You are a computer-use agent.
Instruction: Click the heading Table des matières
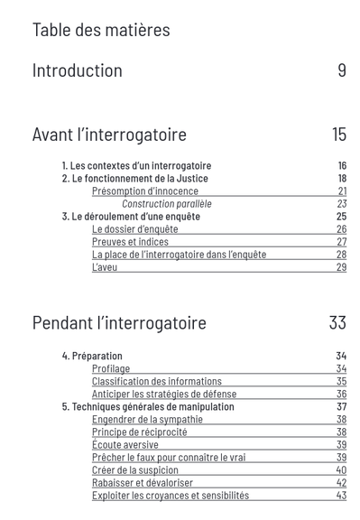tap(101, 30)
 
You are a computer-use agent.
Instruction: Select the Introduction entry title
tap(78, 70)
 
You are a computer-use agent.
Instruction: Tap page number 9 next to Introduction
tap(342, 70)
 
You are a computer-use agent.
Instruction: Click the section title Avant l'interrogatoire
tap(109, 135)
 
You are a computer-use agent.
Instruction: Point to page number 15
tap(339, 135)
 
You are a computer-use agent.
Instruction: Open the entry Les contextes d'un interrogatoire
tap(136, 166)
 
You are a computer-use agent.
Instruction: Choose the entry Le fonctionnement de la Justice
tap(134, 179)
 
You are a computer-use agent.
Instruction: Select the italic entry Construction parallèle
tap(167, 204)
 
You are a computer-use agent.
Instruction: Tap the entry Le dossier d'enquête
tap(134, 229)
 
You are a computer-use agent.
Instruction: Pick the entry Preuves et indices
tap(130, 242)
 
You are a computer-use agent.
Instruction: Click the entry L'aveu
tap(105, 267)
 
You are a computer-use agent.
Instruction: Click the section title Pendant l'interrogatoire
tap(119, 323)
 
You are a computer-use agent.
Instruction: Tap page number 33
tap(337, 323)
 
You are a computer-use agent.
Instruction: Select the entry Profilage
tap(111, 368)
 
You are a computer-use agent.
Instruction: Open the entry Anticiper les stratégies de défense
tap(164, 394)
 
